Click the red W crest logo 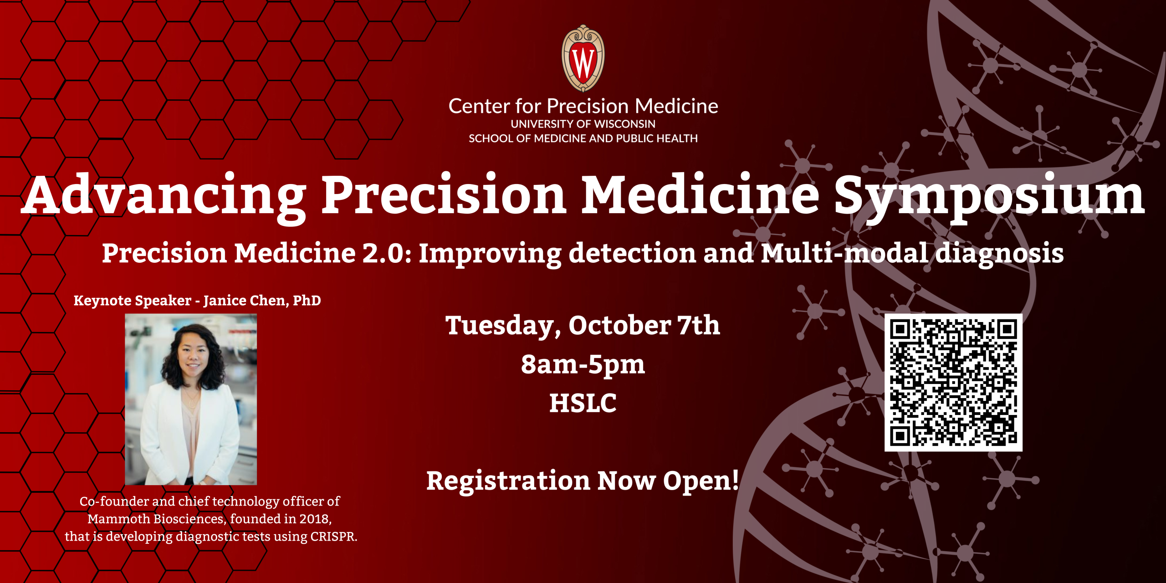point(583,58)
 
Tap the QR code point(953,383)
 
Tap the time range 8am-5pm point(583,364)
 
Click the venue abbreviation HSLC point(583,403)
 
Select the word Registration point(508,481)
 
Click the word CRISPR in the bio point(333,537)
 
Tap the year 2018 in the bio point(315,519)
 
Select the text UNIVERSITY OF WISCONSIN point(583,124)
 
